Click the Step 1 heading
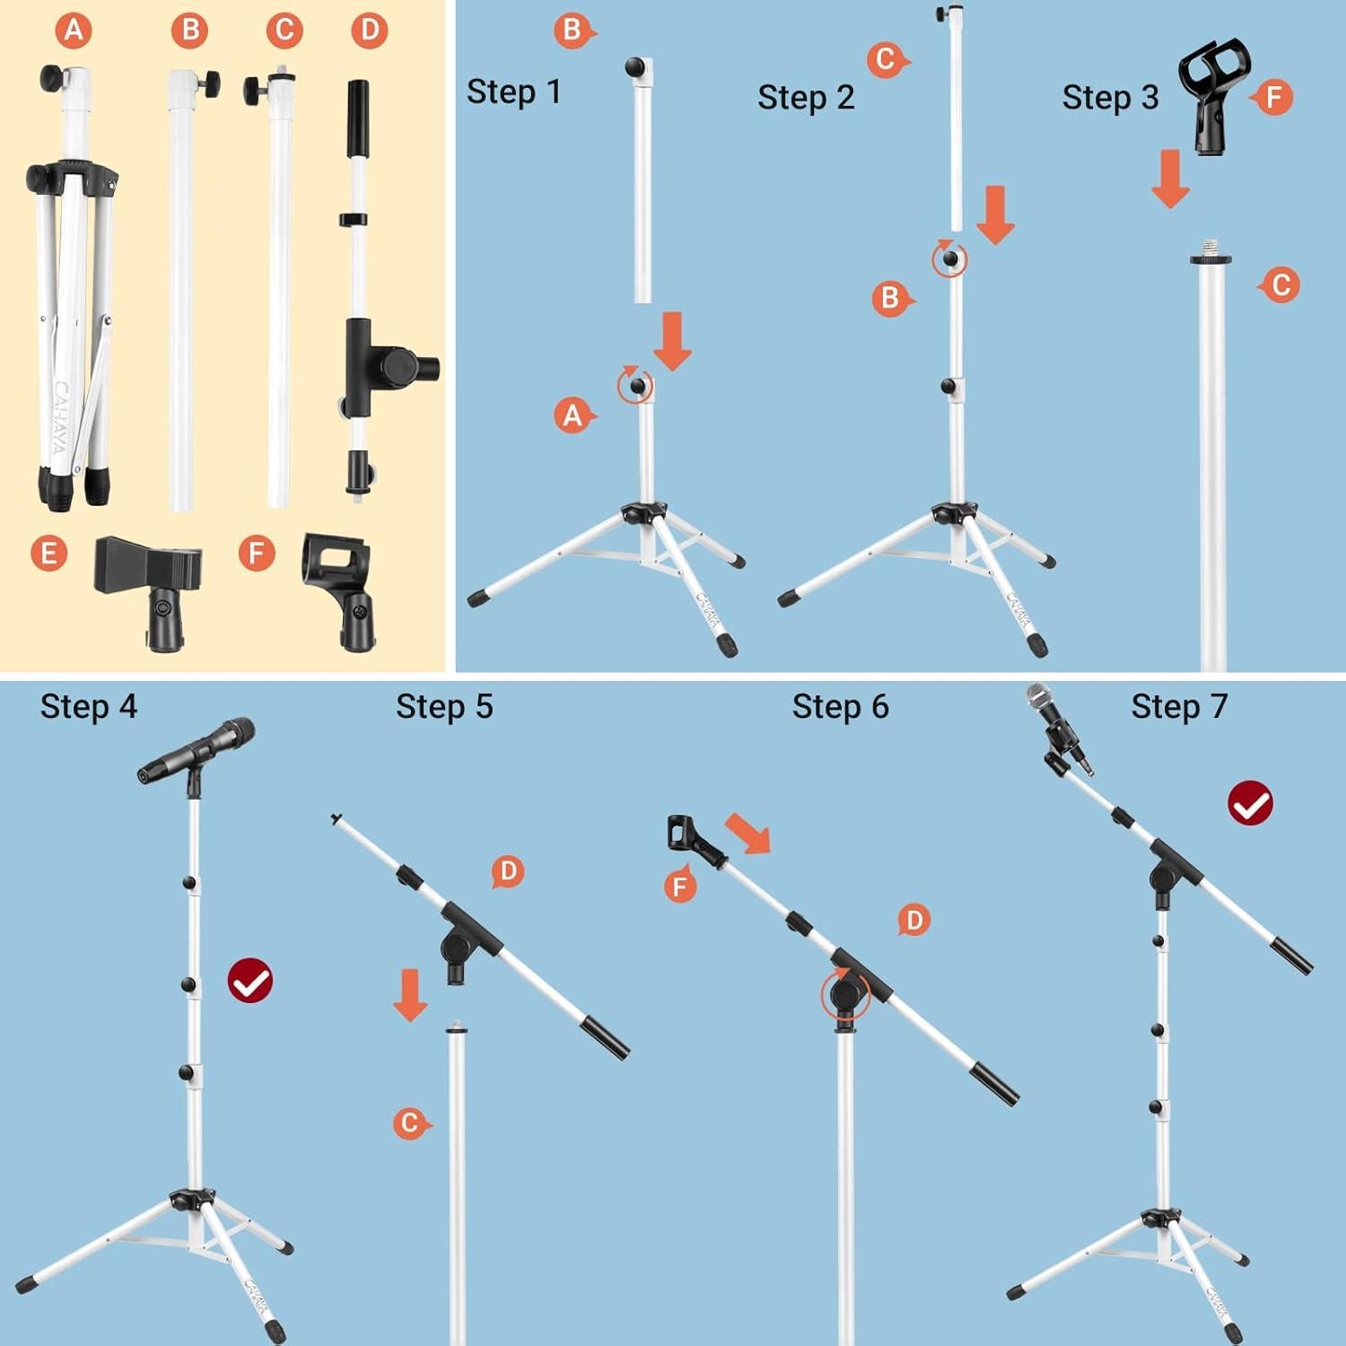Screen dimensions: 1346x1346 (x=514, y=92)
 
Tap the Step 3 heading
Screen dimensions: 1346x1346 (x=1110, y=97)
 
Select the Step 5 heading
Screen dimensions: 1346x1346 (x=444, y=707)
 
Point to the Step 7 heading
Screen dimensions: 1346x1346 (x=1179, y=707)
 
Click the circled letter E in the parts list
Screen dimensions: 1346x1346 (x=48, y=553)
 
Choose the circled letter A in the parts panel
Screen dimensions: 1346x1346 (x=74, y=31)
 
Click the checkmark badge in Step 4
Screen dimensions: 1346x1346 (x=249, y=982)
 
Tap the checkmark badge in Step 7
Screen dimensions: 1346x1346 (x=1250, y=802)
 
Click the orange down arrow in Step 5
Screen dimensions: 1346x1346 (x=410, y=993)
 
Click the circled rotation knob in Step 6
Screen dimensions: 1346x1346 (x=845, y=995)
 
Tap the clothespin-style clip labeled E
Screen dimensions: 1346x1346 (x=148, y=588)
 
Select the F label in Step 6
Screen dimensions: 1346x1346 (x=680, y=887)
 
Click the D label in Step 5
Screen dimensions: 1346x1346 (x=508, y=870)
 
